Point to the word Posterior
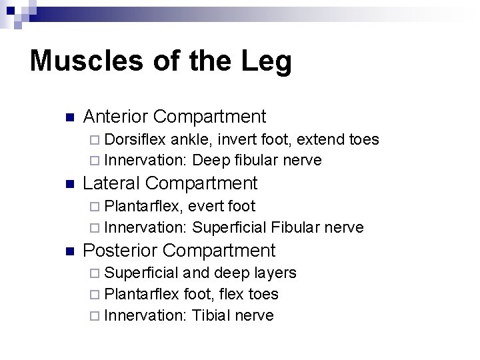[x=119, y=251]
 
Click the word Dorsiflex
[x=135, y=140]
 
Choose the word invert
[x=237, y=140]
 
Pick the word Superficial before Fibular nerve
[x=230, y=227]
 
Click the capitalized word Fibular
[x=296, y=227]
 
